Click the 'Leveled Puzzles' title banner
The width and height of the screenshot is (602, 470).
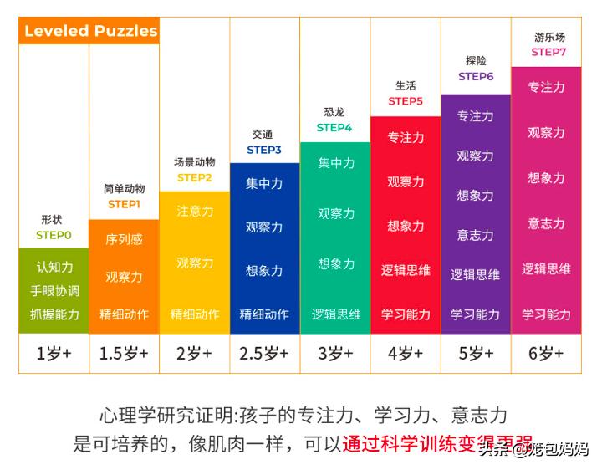tap(90, 31)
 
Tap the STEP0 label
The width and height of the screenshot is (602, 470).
tap(54, 235)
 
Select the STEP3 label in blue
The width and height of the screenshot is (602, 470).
tap(263, 150)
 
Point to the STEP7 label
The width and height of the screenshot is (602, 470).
tap(548, 52)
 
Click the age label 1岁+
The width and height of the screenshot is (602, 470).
tap(54, 353)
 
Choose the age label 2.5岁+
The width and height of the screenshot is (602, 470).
tap(263, 353)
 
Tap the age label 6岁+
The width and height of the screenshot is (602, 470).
tap(547, 353)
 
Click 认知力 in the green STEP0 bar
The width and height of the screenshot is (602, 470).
tap(54, 268)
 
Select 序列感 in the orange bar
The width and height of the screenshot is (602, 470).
tap(124, 239)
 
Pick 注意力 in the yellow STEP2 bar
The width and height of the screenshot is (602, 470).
tap(195, 212)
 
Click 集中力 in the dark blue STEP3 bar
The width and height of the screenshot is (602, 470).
tap(263, 183)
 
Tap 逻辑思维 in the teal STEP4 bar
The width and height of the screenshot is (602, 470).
tap(336, 314)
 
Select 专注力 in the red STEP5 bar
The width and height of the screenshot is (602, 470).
tap(406, 137)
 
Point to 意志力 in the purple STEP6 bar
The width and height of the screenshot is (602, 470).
tap(475, 235)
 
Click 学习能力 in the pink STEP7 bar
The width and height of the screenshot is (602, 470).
tap(546, 314)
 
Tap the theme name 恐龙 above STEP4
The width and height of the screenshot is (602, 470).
tap(334, 112)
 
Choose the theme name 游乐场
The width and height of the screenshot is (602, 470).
tap(548, 37)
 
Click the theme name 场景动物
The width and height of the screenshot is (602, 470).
tap(195, 162)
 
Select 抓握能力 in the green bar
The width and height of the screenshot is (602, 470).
tap(54, 314)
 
